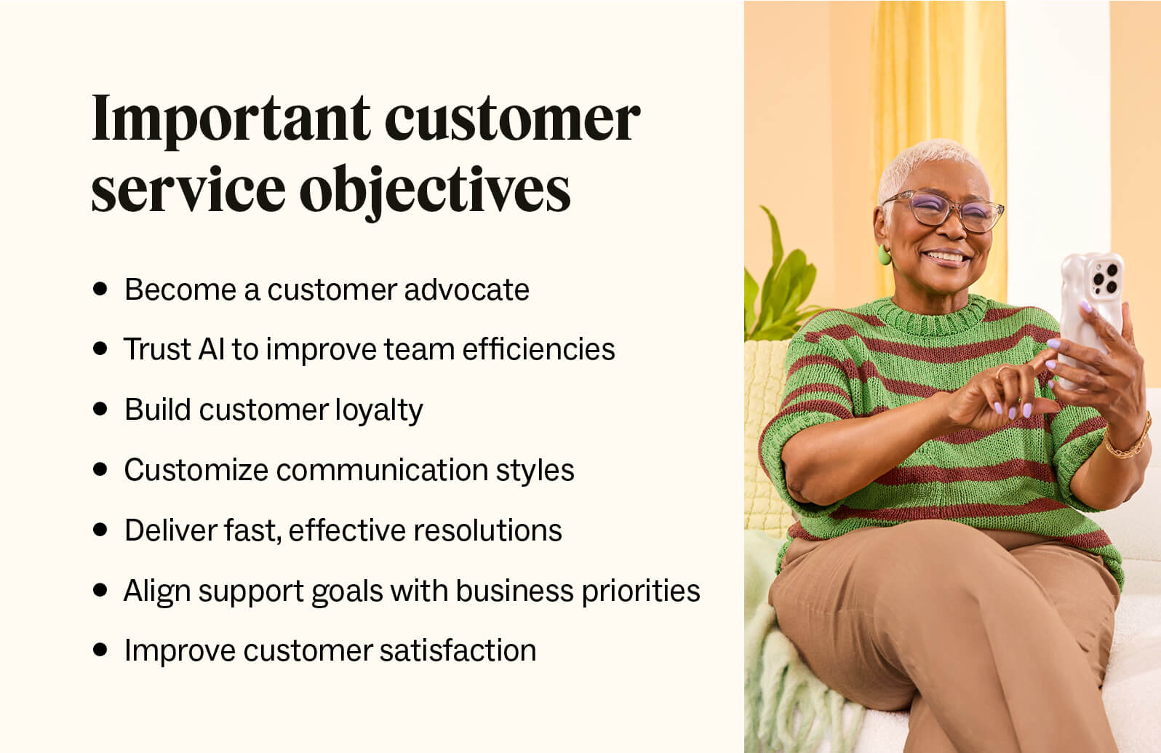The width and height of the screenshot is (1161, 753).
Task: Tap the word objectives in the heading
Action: [x=435, y=189]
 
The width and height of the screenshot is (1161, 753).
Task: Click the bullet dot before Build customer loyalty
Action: [x=100, y=409]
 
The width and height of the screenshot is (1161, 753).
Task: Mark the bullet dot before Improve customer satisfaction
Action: [x=100, y=649]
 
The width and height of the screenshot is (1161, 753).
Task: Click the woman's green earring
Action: [x=885, y=255]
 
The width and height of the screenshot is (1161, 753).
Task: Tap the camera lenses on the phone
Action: [x=1105, y=276]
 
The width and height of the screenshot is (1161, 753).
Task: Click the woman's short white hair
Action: [x=924, y=162]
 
